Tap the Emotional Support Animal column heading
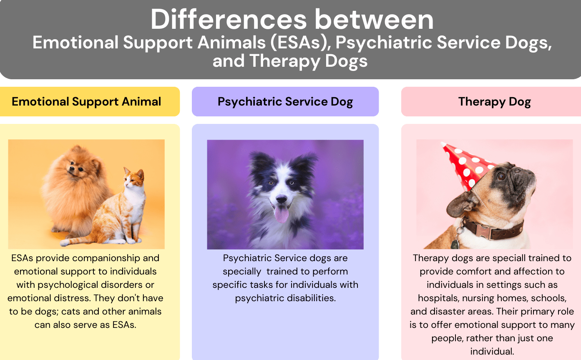click(86, 101)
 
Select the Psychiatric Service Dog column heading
click(285, 101)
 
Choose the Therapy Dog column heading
click(494, 101)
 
